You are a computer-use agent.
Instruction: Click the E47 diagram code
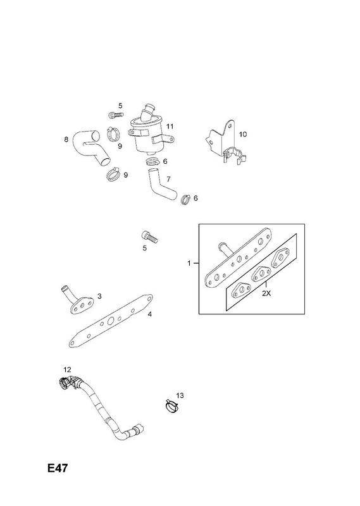pyautogui.click(x=58, y=468)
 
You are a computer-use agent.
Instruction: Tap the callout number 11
pyautogui.click(x=170, y=126)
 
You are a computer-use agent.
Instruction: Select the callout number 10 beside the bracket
pyautogui.click(x=243, y=134)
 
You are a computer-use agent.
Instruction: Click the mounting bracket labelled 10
pyautogui.click(x=227, y=143)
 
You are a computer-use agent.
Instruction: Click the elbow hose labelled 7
pyautogui.click(x=161, y=183)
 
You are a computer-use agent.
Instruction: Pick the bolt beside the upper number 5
pyautogui.click(x=116, y=114)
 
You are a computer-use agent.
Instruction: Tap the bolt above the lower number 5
pyautogui.click(x=149, y=237)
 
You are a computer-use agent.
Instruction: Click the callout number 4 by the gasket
pyautogui.click(x=149, y=314)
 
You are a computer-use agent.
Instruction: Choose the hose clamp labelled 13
pyautogui.click(x=171, y=405)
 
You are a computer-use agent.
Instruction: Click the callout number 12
pyautogui.click(x=67, y=369)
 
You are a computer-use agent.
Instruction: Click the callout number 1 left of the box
pyautogui.click(x=189, y=263)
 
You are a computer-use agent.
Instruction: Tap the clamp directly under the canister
pyautogui.click(x=152, y=161)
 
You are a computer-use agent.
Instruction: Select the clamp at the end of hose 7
pyautogui.click(x=185, y=199)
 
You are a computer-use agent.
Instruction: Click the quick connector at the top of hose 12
pyautogui.click(x=66, y=383)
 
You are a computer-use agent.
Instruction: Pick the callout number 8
pyautogui.click(x=66, y=140)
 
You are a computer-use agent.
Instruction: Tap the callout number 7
pyautogui.click(x=168, y=179)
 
